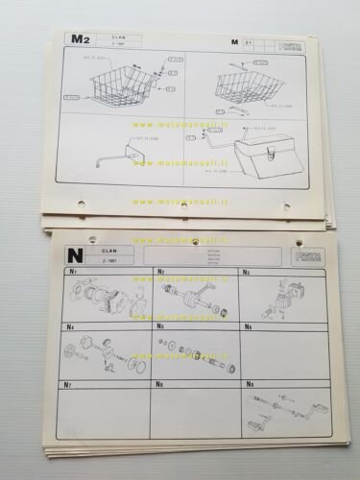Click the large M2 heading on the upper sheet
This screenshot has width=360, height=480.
click(x=81, y=39)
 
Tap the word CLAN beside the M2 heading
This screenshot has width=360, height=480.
click(x=118, y=37)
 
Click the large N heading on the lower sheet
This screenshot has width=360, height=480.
click(x=72, y=254)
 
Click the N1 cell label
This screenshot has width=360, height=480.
click(x=72, y=273)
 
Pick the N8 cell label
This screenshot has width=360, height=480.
click(x=160, y=385)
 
